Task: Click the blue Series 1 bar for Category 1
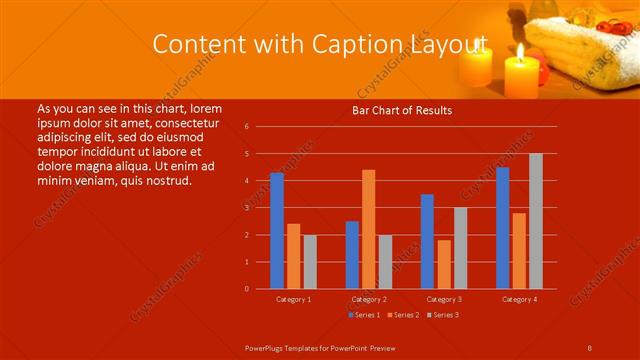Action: tap(276, 231)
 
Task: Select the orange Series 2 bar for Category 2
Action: tap(369, 229)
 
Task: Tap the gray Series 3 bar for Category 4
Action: tap(536, 221)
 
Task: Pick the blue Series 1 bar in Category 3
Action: tap(427, 241)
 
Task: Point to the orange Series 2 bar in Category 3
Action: tap(444, 264)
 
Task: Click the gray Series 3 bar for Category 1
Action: tap(310, 262)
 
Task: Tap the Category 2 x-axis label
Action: tap(369, 299)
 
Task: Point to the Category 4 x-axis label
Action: tap(519, 299)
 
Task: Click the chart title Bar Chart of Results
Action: tap(402, 110)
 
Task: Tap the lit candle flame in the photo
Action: tap(520, 50)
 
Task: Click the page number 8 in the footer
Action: tap(590, 346)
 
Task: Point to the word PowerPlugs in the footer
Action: tap(270, 346)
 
